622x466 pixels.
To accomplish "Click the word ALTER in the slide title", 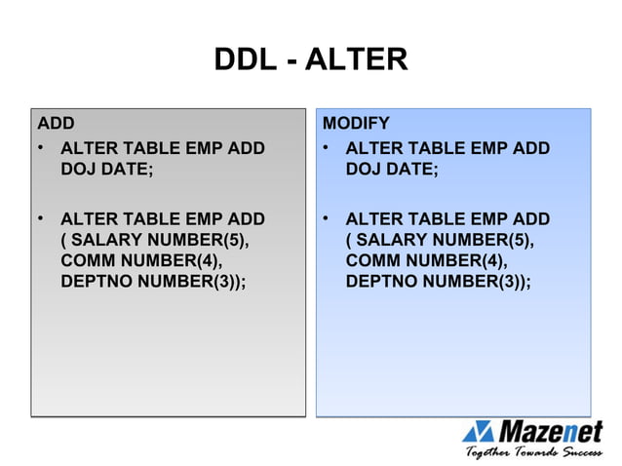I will click(356, 60).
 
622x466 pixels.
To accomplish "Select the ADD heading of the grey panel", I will click(56, 124).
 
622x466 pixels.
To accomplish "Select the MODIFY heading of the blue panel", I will click(356, 124).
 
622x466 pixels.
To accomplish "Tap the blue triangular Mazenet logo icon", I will click(480, 431).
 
